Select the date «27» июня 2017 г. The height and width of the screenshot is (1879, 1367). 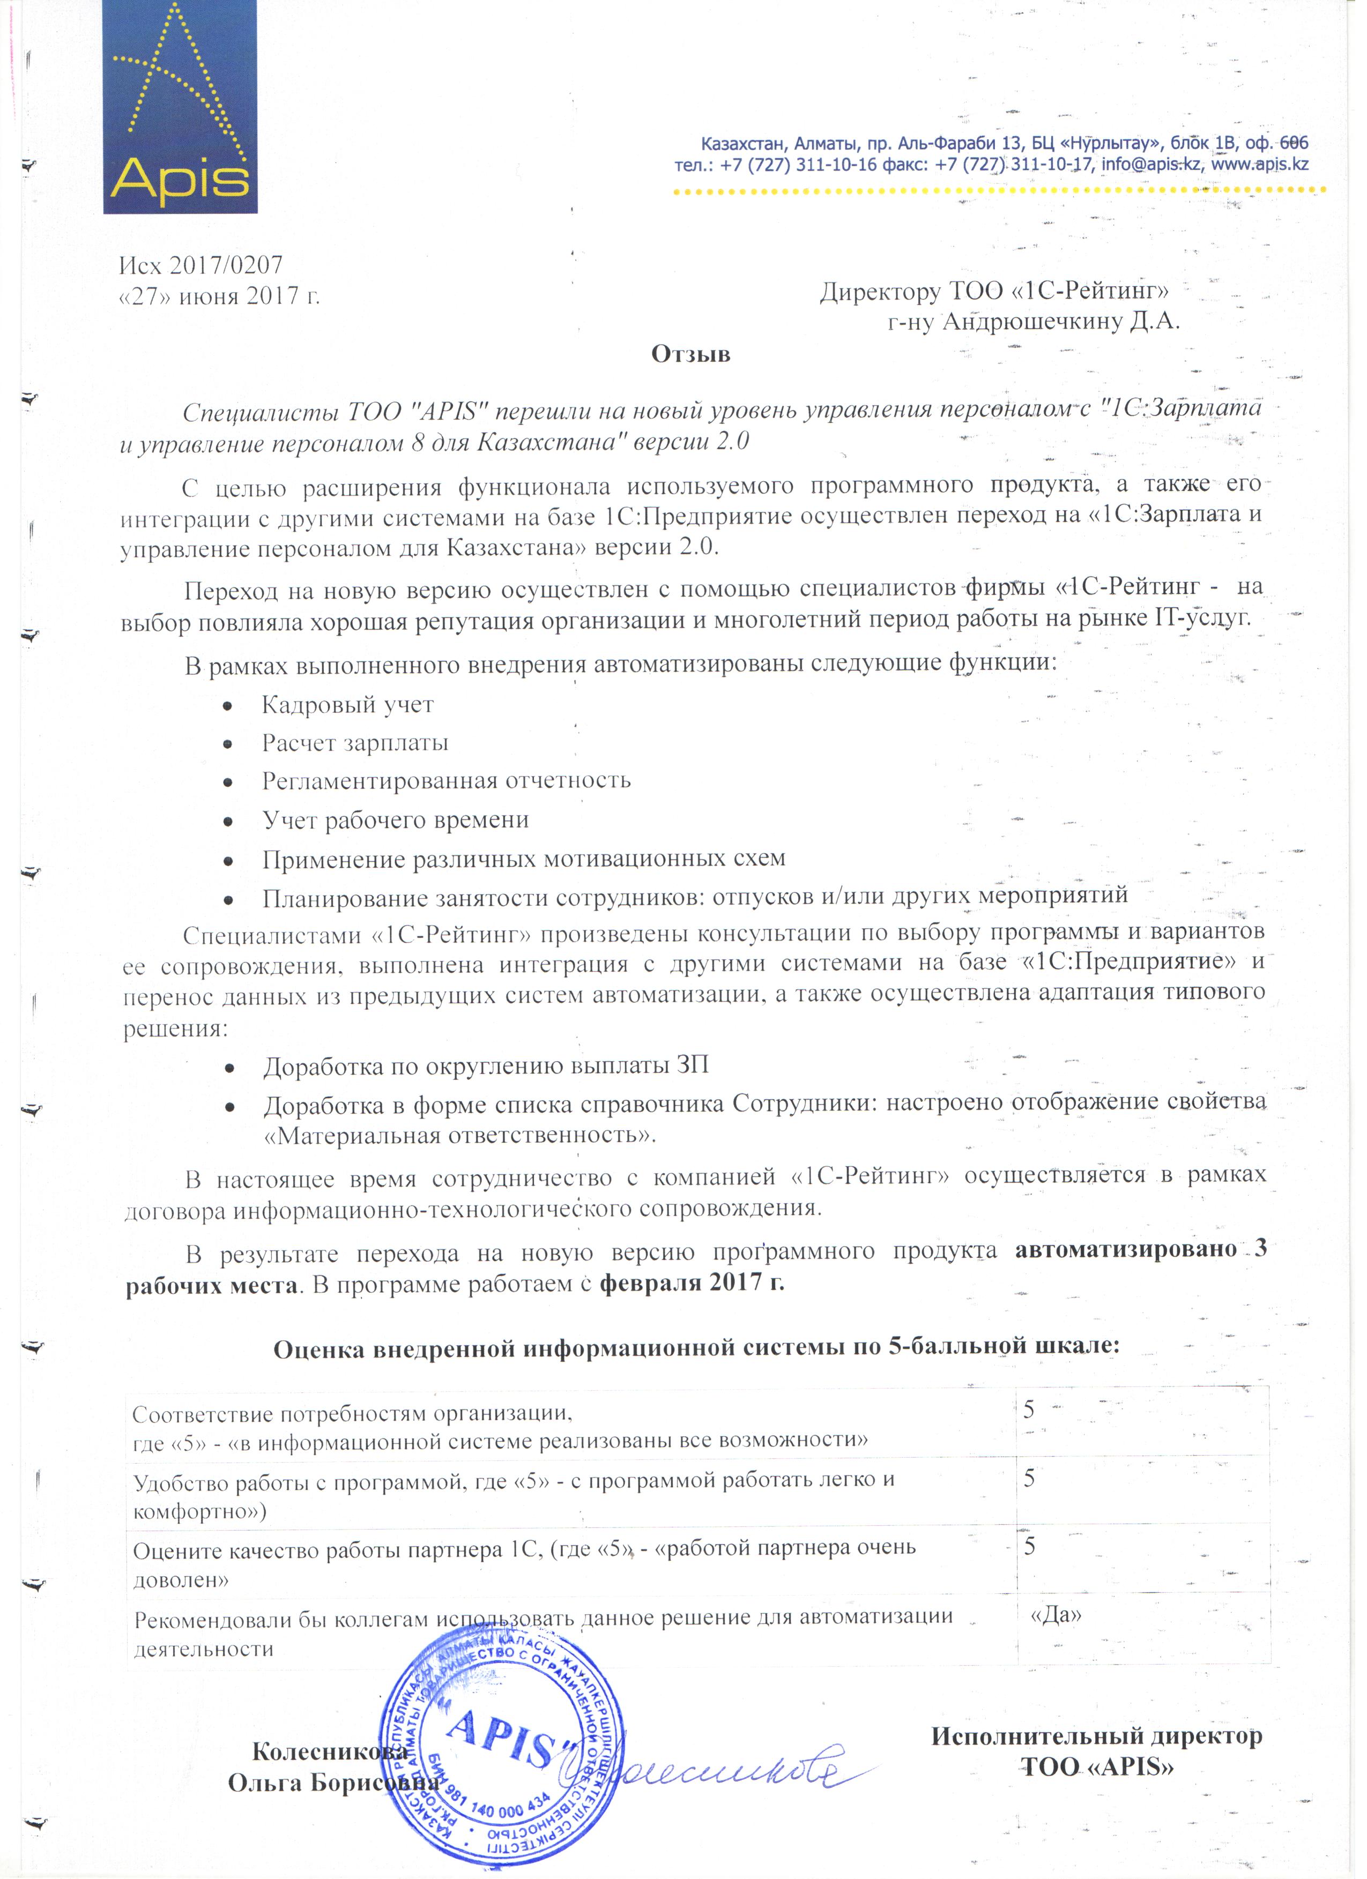pyautogui.click(x=220, y=296)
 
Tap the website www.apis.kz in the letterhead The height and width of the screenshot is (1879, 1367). pyautogui.click(x=1260, y=164)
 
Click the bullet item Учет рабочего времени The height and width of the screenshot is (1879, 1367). pyautogui.click(x=395, y=819)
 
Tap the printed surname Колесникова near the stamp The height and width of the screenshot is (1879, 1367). pyautogui.click(x=330, y=1752)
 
